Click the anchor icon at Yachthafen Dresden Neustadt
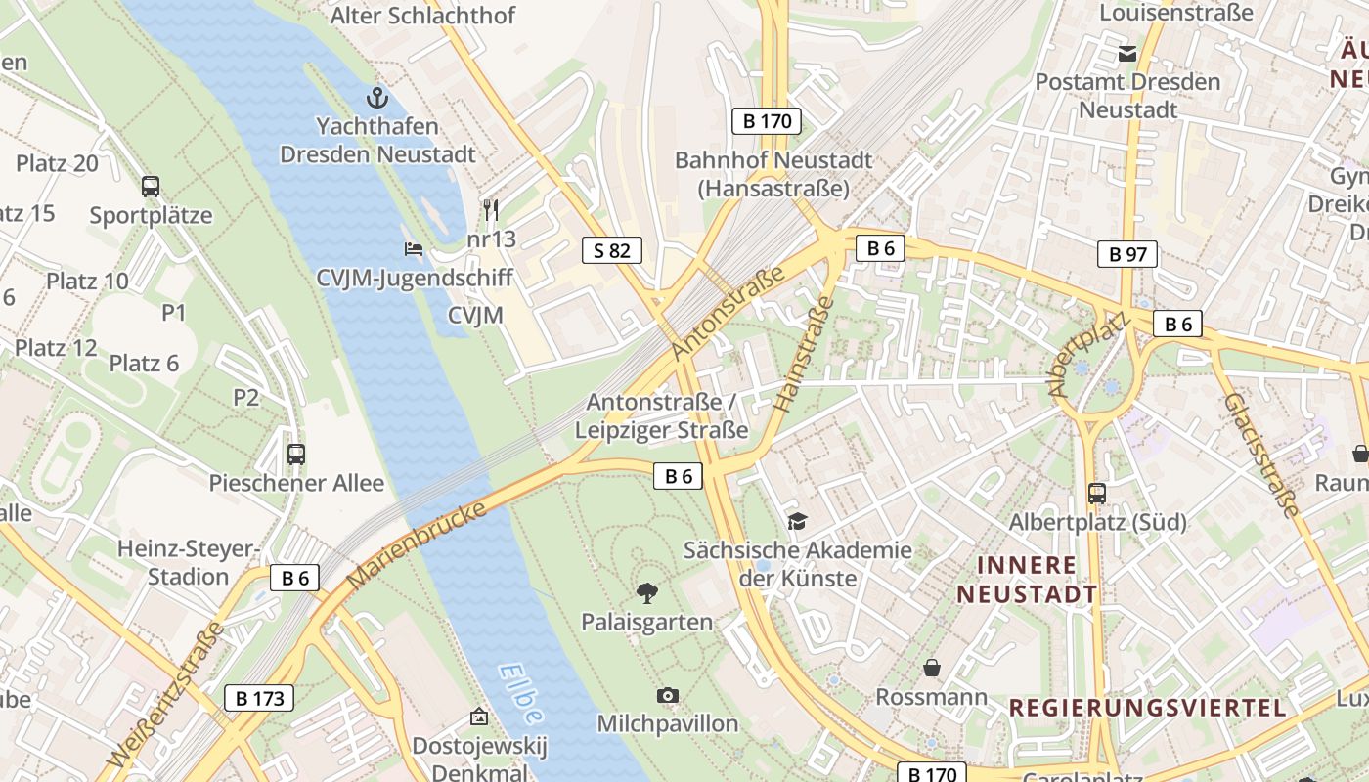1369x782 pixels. (x=377, y=98)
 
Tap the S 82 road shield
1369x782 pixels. (x=612, y=250)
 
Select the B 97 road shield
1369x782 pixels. (x=1127, y=254)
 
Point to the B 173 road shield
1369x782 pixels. (x=259, y=698)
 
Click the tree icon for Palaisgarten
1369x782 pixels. (x=646, y=591)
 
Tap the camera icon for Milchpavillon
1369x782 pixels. (x=668, y=695)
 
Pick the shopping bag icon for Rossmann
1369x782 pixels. (x=932, y=668)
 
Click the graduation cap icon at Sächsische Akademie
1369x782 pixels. (x=798, y=521)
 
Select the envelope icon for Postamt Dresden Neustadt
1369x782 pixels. (x=1127, y=53)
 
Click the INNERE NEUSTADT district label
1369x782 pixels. (x=1027, y=579)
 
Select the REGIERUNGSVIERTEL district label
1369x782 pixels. (x=1147, y=708)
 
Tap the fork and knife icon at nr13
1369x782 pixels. (x=491, y=209)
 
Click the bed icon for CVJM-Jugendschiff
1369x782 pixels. (x=414, y=249)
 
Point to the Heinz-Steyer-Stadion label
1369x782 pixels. (x=187, y=562)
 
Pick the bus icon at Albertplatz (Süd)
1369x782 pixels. (x=1097, y=494)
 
